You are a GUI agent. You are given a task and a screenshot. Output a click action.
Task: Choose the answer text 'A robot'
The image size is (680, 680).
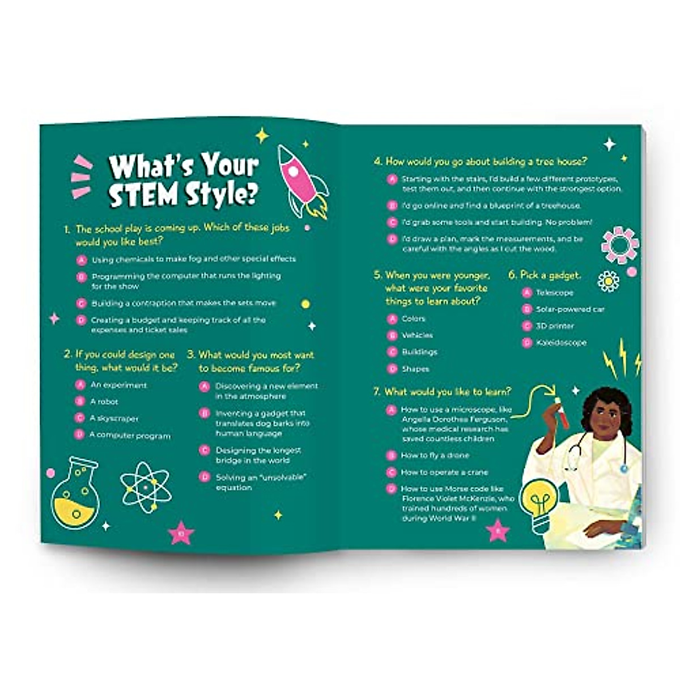[104, 402]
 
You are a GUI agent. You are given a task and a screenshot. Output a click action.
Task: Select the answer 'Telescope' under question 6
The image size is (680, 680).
[555, 293]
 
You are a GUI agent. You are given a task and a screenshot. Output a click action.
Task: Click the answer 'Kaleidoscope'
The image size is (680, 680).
[561, 343]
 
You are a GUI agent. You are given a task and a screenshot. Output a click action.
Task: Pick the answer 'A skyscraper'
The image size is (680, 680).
[114, 419]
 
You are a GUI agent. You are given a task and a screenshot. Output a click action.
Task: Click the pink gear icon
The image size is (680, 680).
[619, 245]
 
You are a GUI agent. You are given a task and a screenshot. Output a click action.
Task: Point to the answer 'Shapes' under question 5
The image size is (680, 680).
[415, 369]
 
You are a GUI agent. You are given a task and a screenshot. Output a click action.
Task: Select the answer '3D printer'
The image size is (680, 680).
[555, 326]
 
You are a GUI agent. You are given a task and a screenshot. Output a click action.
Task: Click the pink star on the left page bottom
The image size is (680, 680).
[181, 533]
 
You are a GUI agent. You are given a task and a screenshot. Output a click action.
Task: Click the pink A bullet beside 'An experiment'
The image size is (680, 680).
[80, 385]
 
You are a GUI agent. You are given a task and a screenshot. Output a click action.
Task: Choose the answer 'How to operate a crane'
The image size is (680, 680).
[444, 472]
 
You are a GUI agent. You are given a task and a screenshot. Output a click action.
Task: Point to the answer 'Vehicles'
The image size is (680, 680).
[417, 335]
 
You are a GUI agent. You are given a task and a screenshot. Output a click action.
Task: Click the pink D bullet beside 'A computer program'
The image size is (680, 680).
[80, 435]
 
